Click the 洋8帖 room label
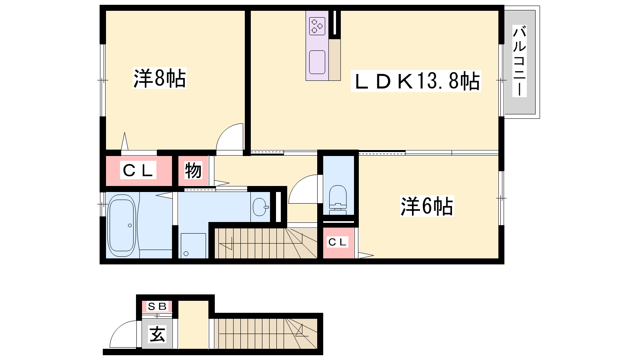160,78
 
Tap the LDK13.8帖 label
416,81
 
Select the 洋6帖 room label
427,206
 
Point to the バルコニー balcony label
520,61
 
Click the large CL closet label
138,170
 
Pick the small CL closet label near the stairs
338,242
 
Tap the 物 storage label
193,170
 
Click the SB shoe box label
157,306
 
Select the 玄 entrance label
158,334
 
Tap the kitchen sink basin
317,62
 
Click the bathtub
122,226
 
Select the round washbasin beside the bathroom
260,207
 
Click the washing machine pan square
193,246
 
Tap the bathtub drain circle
130,226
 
